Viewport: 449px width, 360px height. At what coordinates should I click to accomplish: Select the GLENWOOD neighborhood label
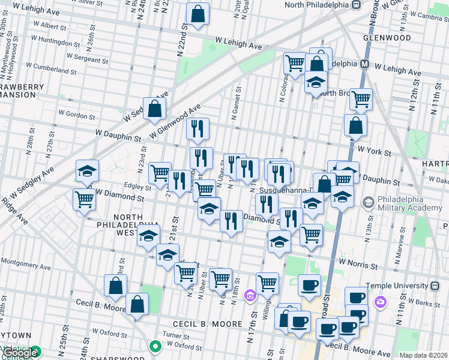387,38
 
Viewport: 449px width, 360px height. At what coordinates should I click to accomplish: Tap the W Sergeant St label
87,58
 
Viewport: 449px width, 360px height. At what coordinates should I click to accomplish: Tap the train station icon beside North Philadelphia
356,5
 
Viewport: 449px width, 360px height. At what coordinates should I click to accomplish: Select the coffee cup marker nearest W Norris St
309,284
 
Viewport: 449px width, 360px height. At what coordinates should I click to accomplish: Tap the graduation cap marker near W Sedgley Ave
87,172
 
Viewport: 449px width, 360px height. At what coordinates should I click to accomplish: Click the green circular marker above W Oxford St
155,346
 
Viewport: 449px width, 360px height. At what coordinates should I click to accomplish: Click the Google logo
19,353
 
